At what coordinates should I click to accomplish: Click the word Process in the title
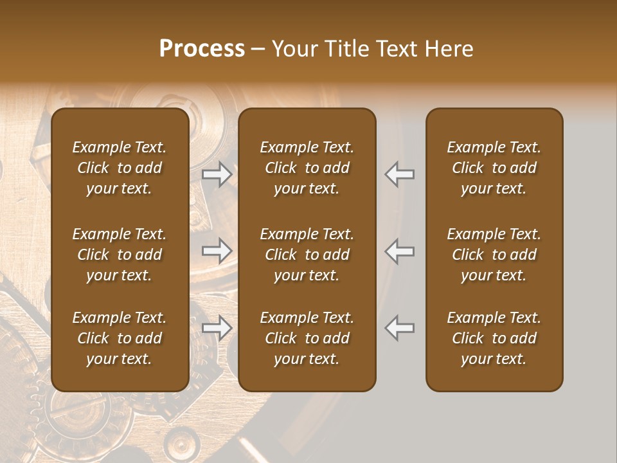coord(202,49)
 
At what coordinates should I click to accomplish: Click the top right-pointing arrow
coord(217,174)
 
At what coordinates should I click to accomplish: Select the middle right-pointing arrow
coord(217,251)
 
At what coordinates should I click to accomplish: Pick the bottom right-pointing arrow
coord(217,328)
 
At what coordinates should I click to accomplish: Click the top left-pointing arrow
coord(400,174)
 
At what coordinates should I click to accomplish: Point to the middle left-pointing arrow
coord(400,251)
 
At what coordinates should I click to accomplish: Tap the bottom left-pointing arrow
coord(400,328)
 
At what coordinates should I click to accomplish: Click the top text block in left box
coord(120,168)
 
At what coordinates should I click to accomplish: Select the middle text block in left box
coord(120,255)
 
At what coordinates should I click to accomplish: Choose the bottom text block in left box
coord(120,338)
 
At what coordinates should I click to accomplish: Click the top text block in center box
coord(307,168)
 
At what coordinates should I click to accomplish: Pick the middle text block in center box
coord(307,255)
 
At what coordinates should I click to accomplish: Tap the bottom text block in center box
coord(307,338)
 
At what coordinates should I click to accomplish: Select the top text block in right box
coord(494,168)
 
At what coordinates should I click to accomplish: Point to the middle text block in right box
coord(494,255)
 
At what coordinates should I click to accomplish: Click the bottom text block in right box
coord(494,338)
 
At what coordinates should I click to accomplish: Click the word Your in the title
coord(292,49)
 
